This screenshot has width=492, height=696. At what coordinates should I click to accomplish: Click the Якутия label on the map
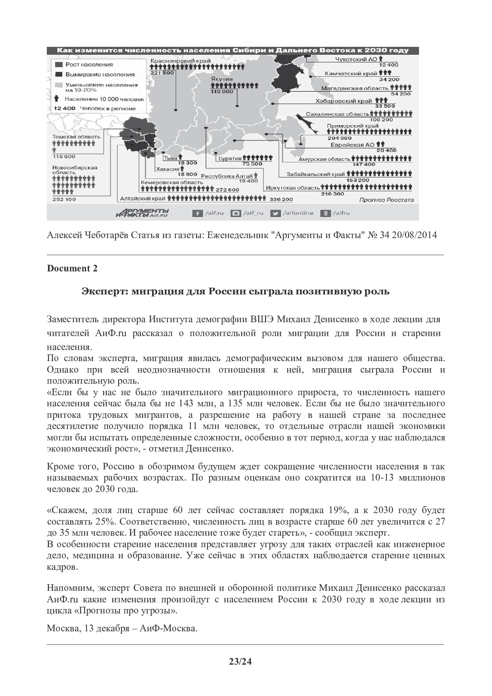click(222, 79)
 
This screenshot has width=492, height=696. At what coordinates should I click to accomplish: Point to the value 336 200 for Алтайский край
click(281, 200)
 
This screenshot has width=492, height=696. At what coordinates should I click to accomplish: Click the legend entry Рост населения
click(89, 64)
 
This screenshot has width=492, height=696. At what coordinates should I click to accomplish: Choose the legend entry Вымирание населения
click(100, 74)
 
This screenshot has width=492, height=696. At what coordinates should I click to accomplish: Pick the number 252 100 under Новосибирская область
click(64, 199)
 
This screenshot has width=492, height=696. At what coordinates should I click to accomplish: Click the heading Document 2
click(72, 268)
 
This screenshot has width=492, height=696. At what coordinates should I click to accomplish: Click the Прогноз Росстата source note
click(386, 200)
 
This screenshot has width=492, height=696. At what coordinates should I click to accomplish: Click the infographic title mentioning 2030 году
click(233, 50)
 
